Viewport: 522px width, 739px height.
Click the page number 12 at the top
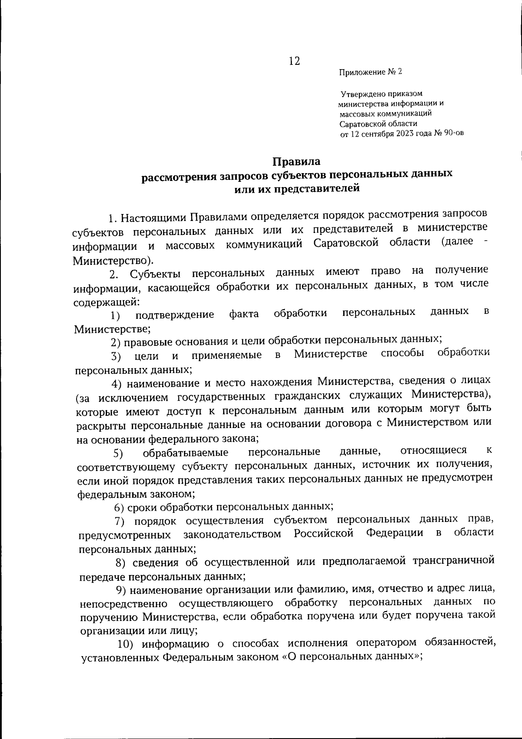coord(294,61)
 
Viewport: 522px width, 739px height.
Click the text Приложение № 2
coord(371,72)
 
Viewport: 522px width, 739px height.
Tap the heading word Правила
coord(296,162)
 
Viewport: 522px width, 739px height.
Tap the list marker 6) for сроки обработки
coord(120,507)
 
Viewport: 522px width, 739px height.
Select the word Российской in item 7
coord(323,533)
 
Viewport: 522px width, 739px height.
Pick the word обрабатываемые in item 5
coord(186,453)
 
